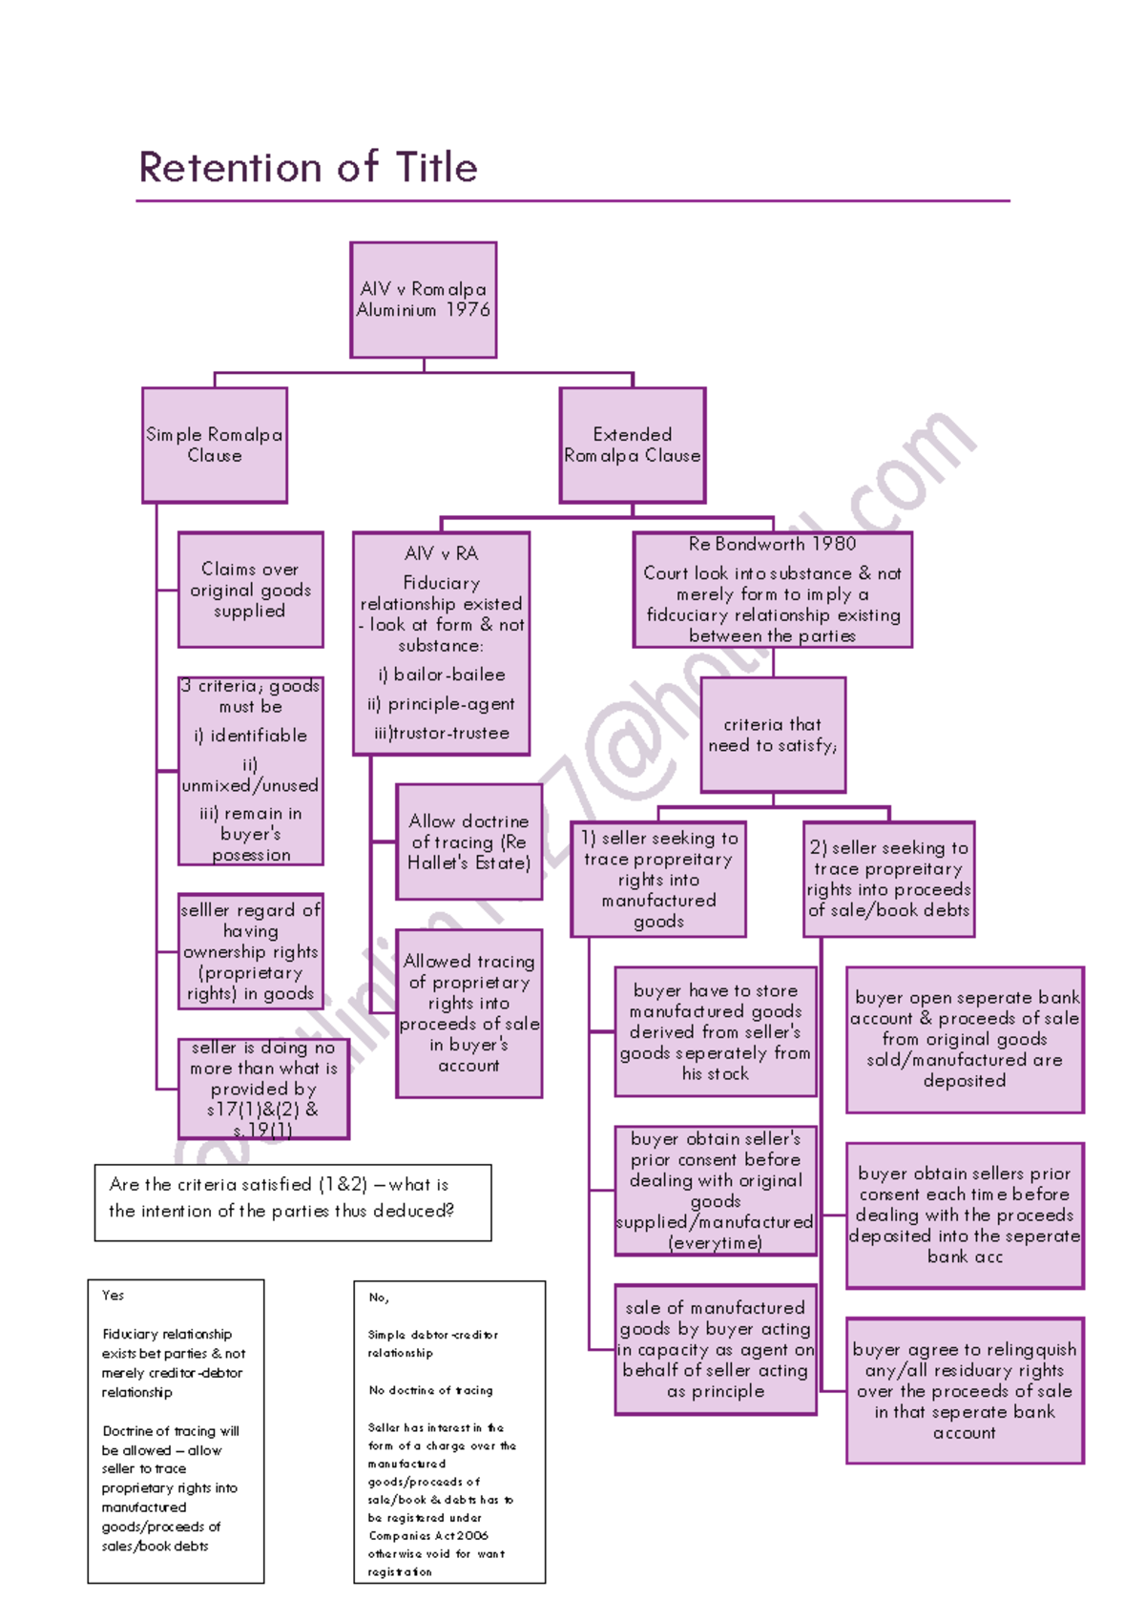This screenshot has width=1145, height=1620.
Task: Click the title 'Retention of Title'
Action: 307,168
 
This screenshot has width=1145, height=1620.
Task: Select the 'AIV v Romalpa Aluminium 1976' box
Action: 423,300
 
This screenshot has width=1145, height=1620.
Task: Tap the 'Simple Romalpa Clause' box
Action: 215,445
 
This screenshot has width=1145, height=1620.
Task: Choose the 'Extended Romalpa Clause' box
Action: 632,445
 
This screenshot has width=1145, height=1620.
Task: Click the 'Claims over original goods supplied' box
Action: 250,590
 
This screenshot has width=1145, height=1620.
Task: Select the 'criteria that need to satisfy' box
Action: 772,735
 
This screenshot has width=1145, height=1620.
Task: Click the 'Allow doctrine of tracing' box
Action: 468,841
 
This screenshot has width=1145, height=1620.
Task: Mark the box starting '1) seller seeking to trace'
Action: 658,879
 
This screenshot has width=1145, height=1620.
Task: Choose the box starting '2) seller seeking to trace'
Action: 888,879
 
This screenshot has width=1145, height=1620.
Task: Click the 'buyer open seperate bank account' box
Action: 965,1039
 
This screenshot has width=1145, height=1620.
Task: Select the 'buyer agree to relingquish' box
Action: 965,1390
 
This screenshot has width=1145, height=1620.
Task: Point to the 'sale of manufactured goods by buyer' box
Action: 716,1349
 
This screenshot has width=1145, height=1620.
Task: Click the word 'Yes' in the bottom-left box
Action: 114,1296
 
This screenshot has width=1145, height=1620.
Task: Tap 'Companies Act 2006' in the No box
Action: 428,1535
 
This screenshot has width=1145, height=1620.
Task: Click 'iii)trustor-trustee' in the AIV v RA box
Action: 442,733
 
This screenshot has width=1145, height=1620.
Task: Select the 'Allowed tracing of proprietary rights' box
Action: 468,1013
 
